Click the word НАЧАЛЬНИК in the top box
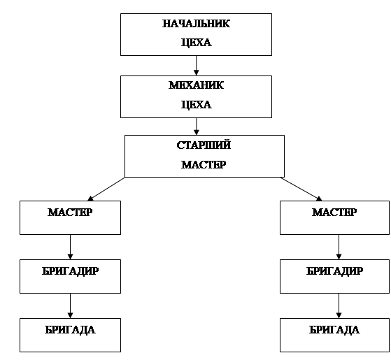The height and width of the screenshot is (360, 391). pos(196,24)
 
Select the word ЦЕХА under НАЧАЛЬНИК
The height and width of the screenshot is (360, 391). pos(196,43)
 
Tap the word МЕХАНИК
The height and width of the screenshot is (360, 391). pos(196,85)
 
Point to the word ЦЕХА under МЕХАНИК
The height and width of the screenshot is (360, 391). pos(196,105)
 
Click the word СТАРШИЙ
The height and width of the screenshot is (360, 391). pos(204,145)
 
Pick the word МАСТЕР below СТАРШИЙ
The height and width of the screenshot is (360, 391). pos(204,165)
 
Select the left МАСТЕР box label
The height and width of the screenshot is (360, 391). pos(70,213)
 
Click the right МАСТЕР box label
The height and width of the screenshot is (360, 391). pos(334,213)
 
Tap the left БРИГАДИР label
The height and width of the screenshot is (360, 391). pos(70,271)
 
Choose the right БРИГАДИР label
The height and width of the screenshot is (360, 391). pos(334,271)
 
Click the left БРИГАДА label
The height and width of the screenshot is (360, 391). pos(70,330)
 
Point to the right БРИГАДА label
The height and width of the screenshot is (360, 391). pos(334,330)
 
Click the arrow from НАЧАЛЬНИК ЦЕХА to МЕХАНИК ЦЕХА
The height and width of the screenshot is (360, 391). pos(197,66)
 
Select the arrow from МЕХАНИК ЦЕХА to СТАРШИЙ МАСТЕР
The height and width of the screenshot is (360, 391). pos(197,127)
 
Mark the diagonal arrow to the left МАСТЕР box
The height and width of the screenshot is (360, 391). pos(106,189)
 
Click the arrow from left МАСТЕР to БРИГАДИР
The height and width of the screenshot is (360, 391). pos(70,247)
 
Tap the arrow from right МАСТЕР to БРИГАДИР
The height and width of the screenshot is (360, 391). pos(339,247)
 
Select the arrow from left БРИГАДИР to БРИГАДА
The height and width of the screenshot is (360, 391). pos(70,305)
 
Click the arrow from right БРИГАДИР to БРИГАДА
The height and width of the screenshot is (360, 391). pos(339,305)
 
